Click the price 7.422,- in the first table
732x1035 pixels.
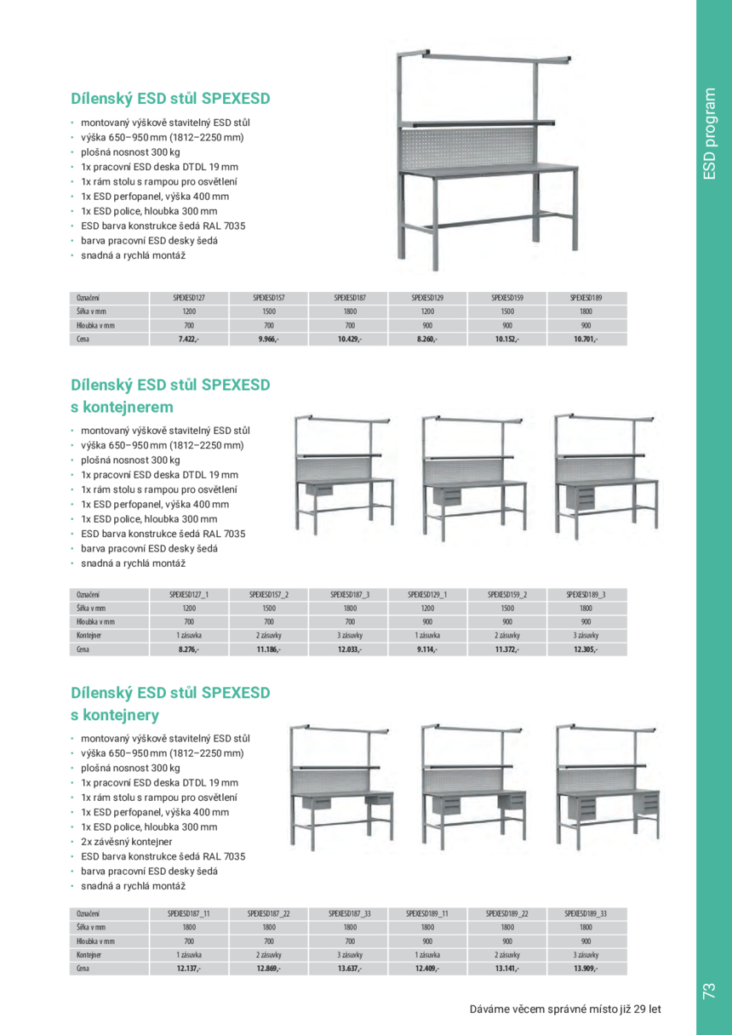click(x=189, y=339)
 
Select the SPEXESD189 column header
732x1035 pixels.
click(x=586, y=298)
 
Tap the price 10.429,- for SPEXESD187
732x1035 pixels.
click(x=349, y=339)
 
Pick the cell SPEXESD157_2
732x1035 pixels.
click(x=269, y=594)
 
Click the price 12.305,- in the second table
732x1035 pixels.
click(x=586, y=649)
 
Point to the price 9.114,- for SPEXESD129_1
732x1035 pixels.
click(x=427, y=649)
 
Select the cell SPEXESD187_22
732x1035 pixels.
click(x=269, y=913)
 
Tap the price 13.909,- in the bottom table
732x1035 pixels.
click(x=586, y=968)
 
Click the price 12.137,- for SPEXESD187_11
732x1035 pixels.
click(x=189, y=968)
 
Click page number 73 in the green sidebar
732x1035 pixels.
click(x=709, y=990)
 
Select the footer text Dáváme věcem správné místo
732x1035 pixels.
click(x=565, y=1009)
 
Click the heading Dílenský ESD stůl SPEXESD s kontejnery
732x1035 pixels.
click(x=170, y=703)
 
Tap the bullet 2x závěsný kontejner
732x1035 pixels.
click(x=127, y=841)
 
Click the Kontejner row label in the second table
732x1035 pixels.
click(x=89, y=635)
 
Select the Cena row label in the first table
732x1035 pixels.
click(x=83, y=339)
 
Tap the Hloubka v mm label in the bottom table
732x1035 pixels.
click(x=95, y=941)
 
